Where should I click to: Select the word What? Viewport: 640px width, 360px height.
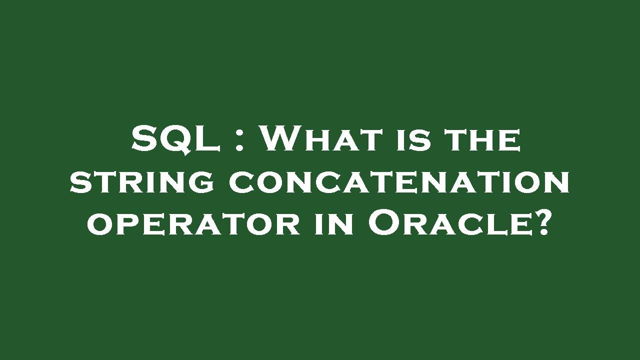pyautogui.click(x=319, y=139)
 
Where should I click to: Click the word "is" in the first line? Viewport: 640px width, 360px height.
pyautogui.click(x=410, y=139)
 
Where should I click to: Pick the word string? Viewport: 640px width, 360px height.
pyautogui.click(x=142, y=182)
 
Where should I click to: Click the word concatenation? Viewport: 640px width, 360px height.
pyautogui.click(x=399, y=182)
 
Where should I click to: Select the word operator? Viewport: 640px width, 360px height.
pyautogui.click(x=193, y=224)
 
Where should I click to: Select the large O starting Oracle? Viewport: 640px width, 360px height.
pyautogui.click(x=383, y=223)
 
